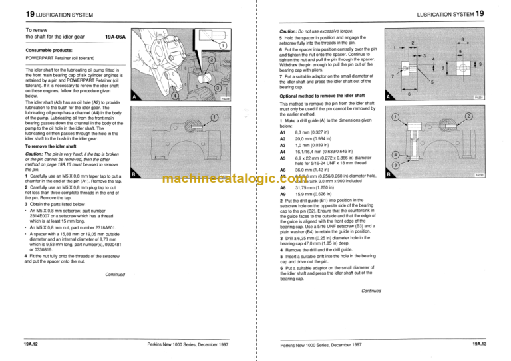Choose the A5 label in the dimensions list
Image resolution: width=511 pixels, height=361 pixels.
(x=282, y=157)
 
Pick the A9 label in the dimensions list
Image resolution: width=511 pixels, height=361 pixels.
(x=282, y=193)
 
